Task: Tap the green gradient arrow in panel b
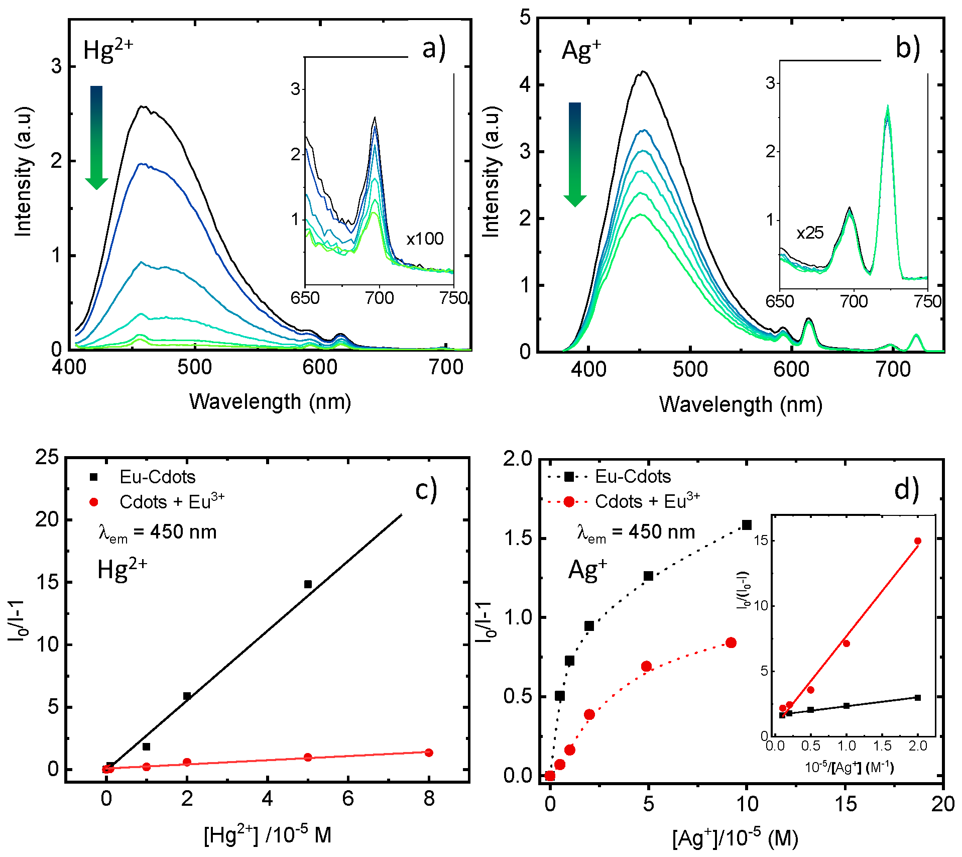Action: tap(575, 153)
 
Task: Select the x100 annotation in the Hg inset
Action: tap(425, 239)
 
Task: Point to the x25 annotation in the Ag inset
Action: tap(810, 233)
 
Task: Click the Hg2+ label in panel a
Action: tap(108, 50)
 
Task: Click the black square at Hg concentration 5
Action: tap(308, 584)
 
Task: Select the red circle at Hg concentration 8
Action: tap(429, 753)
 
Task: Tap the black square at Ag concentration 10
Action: tap(747, 525)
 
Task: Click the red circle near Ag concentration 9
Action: tap(731, 642)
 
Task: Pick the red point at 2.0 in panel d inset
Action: tap(918, 541)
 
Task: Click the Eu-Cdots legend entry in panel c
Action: tap(157, 477)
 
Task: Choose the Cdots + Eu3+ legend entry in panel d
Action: tap(647, 501)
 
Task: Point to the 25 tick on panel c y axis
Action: tap(47, 457)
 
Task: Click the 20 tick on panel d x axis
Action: tap(942, 804)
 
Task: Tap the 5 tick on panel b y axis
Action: tap(525, 18)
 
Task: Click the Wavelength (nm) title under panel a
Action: tap(270, 402)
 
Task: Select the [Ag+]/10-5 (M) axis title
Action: tap(735, 838)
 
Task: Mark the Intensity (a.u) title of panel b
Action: tap(492, 172)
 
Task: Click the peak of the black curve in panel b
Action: tap(642, 71)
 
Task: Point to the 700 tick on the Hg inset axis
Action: tap(379, 298)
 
